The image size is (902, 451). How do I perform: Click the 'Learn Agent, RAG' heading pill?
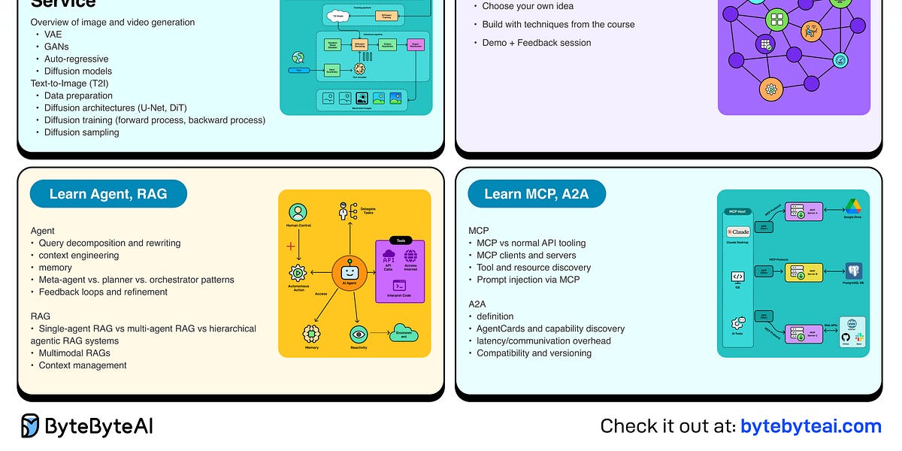tap(108, 194)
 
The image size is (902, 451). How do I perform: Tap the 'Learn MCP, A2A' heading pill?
tap(536, 194)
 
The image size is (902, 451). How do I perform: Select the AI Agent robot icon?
tap(349, 273)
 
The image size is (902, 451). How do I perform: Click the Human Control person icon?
tap(298, 213)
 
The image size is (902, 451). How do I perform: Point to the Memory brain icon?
tap(311, 333)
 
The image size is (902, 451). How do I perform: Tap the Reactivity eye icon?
tap(359, 334)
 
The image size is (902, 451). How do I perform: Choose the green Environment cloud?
tap(404, 333)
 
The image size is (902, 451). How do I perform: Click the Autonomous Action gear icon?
tap(298, 274)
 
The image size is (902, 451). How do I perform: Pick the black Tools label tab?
tap(399, 241)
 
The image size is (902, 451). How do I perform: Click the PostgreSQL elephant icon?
tap(853, 271)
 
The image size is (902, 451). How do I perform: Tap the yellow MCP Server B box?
tap(804, 272)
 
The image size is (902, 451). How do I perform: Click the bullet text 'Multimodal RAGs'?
tap(74, 353)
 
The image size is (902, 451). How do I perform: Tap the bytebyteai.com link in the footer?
tap(810, 426)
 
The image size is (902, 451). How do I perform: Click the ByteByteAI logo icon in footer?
tap(31, 426)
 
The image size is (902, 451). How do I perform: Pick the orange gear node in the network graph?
tap(770, 89)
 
